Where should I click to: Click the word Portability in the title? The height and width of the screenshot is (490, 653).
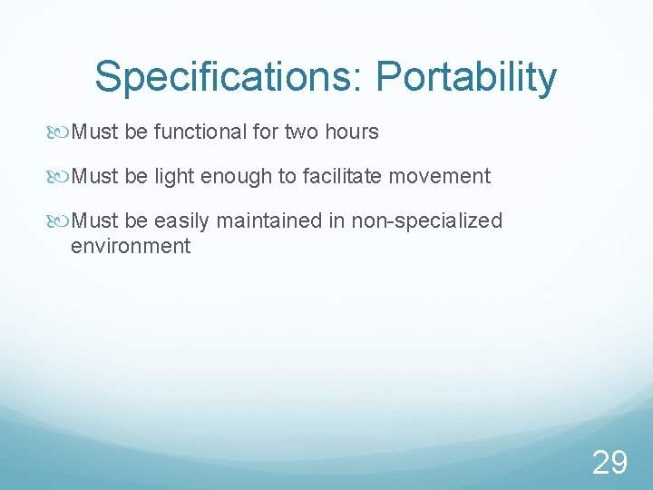(x=466, y=78)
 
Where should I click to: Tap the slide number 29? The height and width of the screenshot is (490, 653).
(x=609, y=463)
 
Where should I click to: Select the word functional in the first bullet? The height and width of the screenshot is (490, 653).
(x=200, y=132)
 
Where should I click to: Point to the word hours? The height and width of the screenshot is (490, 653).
(x=349, y=132)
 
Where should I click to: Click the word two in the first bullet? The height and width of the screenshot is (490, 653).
(x=300, y=132)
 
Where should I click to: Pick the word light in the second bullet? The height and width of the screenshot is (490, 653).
(x=174, y=176)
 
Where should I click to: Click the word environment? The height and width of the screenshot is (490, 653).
(x=131, y=245)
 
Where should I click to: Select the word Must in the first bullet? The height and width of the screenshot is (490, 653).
(x=95, y=132)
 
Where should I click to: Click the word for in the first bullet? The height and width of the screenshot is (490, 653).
(x=266, y=132)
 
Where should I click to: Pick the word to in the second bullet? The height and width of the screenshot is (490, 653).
(x=287, y=176)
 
